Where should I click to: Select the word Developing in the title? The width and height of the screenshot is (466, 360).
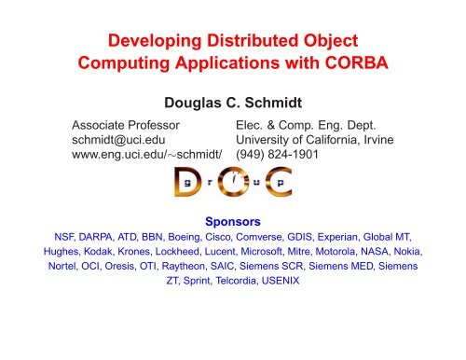152,42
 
